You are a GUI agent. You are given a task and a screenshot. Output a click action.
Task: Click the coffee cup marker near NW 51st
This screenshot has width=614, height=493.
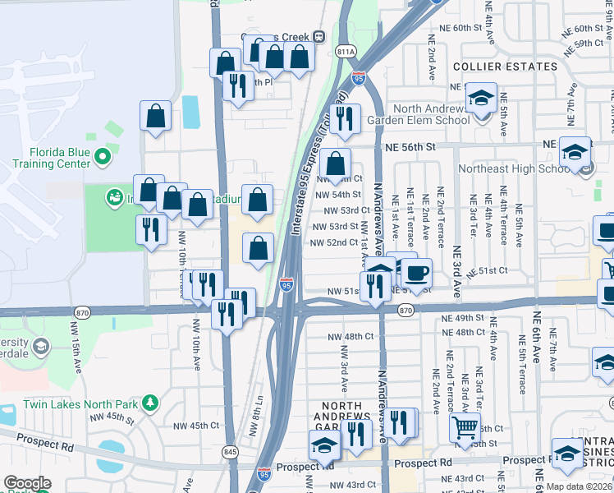(x=416, y=274)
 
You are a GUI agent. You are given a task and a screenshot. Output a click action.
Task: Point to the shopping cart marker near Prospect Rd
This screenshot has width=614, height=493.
(x=465, y=427)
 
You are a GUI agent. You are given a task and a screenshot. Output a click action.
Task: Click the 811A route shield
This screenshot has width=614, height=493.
(x=347, y=52)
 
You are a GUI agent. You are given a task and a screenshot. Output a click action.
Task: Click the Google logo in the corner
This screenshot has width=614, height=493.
(x=27, y=483)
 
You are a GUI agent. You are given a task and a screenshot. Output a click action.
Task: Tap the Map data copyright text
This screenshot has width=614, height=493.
(x=579, y=486)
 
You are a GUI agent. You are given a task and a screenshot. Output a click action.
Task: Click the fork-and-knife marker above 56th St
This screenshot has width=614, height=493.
(x=345, y=118)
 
